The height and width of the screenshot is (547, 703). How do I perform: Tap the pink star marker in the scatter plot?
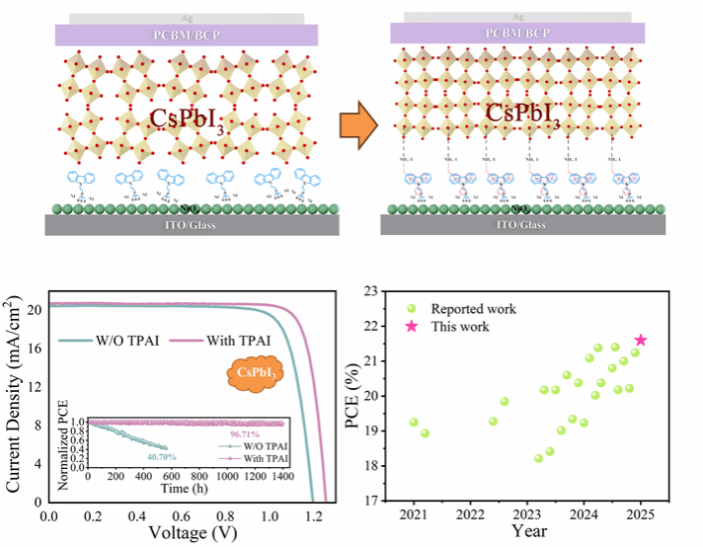tap(641, 340)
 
